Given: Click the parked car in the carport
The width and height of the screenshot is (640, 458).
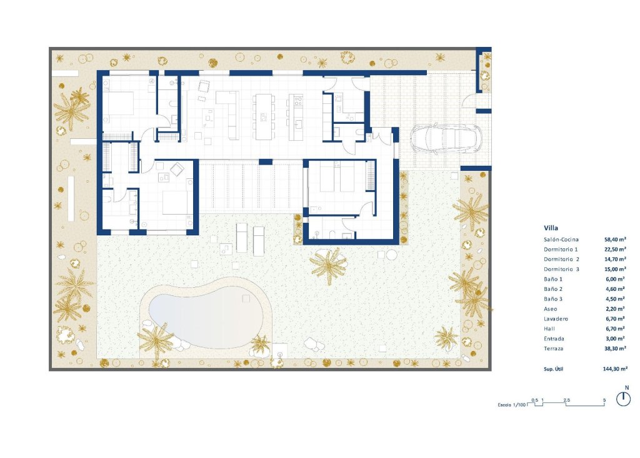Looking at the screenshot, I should click(445, 139).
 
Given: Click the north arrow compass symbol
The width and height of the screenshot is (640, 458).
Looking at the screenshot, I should click(623, 398).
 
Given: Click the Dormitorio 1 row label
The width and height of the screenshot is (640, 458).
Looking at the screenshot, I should click(561, 249).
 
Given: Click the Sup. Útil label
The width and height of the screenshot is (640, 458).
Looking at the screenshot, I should click(555, 369).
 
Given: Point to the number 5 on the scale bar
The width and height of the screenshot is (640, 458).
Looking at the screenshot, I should click(604, 399).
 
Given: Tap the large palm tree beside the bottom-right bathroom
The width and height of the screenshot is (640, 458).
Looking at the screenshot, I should click(327, 265).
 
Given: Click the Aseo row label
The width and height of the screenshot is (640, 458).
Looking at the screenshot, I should click(551, 308).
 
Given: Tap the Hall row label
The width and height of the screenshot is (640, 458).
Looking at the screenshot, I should click(549, 328).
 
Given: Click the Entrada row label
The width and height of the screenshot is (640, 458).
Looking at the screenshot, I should click(554, 338).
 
